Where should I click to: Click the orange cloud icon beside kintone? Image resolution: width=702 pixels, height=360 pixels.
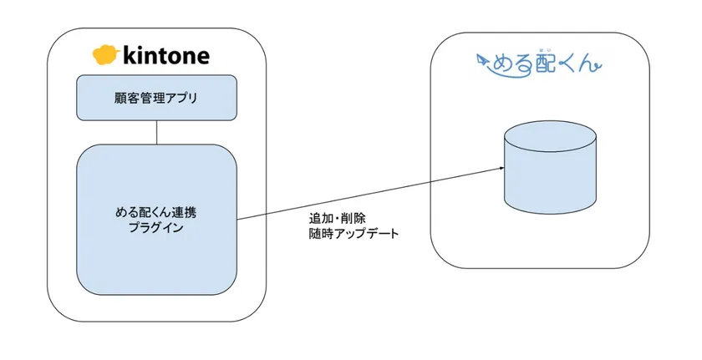pos(105,56)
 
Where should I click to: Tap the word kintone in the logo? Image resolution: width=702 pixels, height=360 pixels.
pos(165,56)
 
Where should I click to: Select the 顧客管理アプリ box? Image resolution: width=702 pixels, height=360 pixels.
pos(156,98)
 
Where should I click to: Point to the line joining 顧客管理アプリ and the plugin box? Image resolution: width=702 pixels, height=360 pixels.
pos(156,132)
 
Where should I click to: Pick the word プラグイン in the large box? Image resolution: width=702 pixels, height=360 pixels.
pos(156,227)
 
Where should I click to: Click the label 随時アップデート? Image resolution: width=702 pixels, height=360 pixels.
pos(354,234)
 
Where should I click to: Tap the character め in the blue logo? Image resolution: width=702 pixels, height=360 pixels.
pos(501,64)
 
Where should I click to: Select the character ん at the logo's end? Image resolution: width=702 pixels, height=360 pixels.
pos(593,64)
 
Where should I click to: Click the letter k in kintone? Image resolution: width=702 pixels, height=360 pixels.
pos(129,56)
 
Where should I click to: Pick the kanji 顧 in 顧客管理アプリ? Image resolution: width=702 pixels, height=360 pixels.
pos(120,98)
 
